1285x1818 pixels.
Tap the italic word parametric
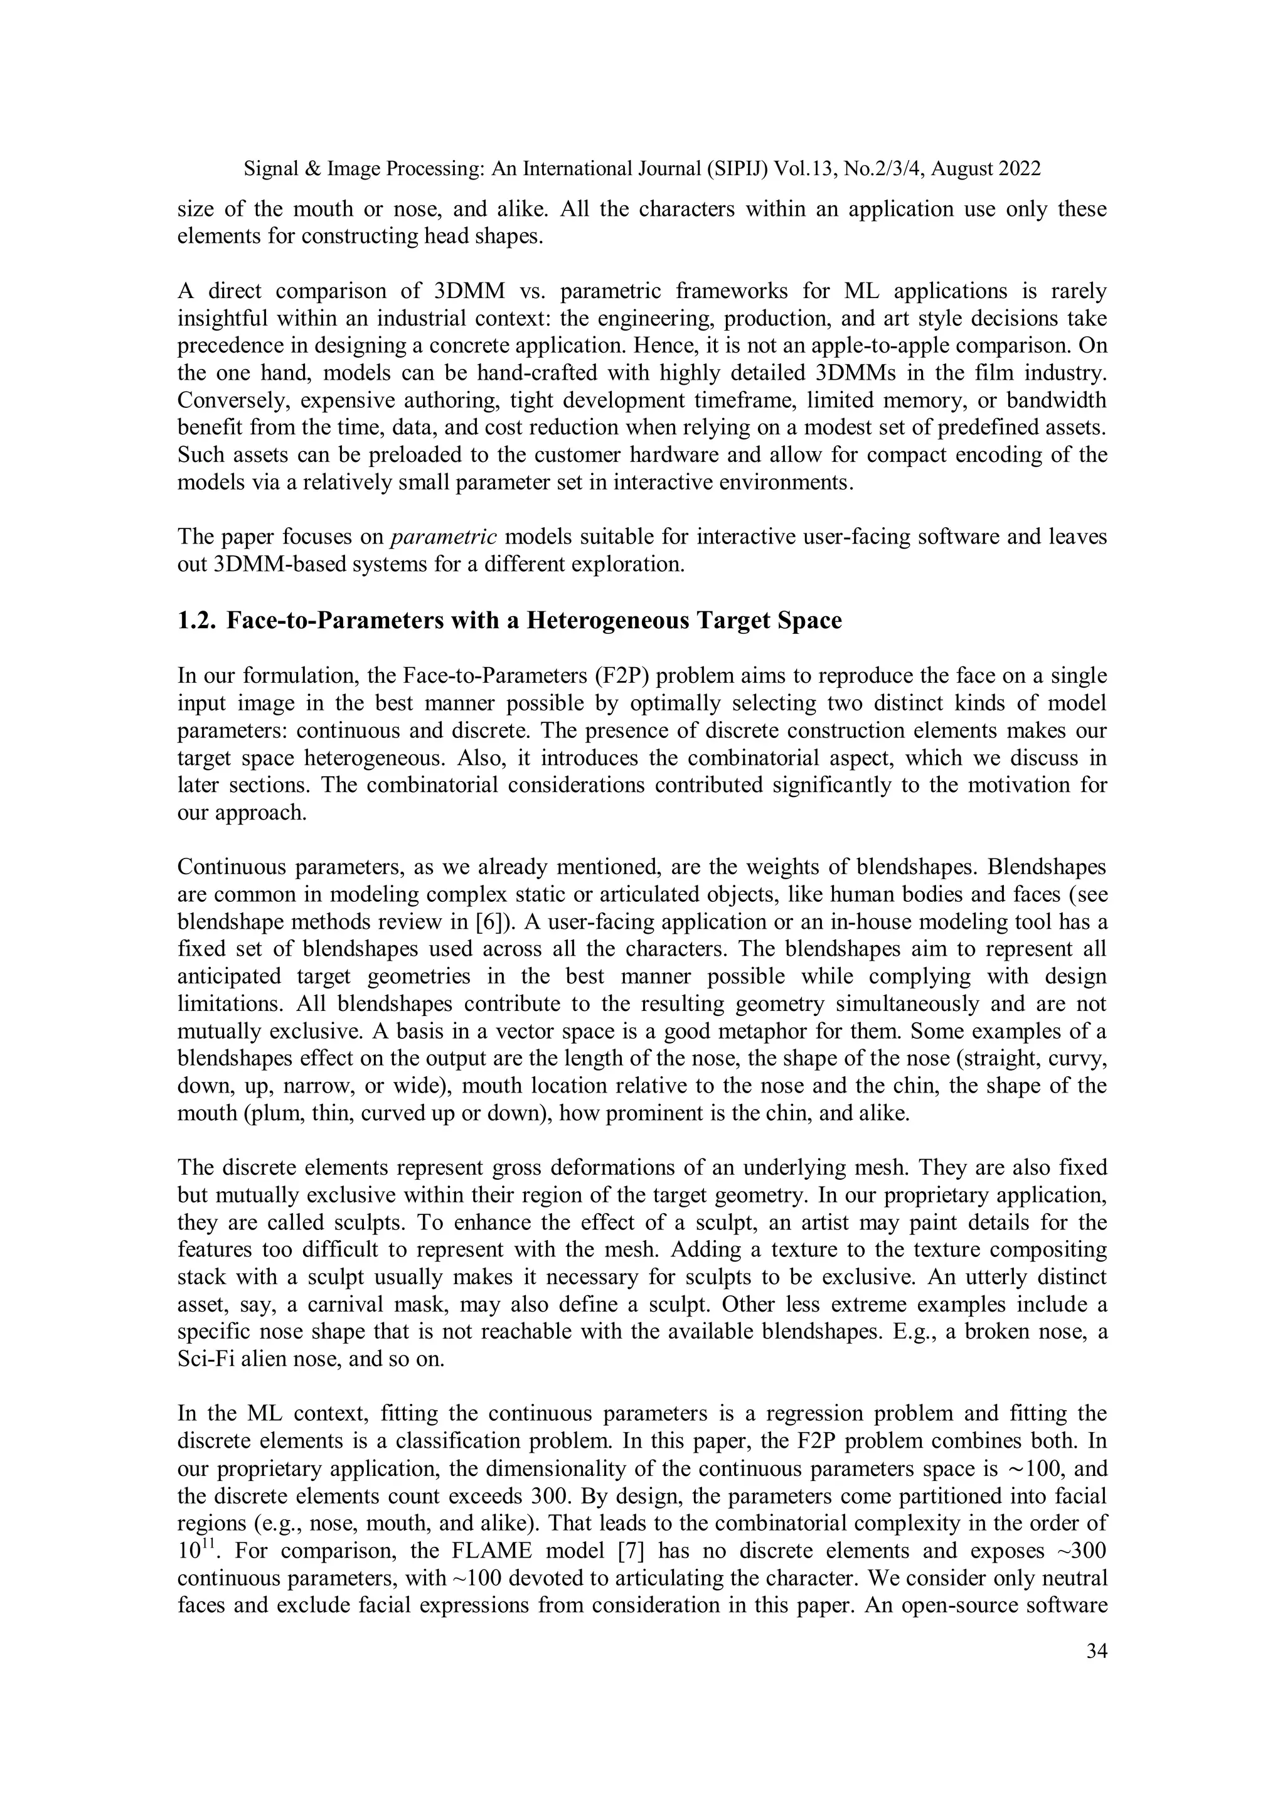pos(444,538)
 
